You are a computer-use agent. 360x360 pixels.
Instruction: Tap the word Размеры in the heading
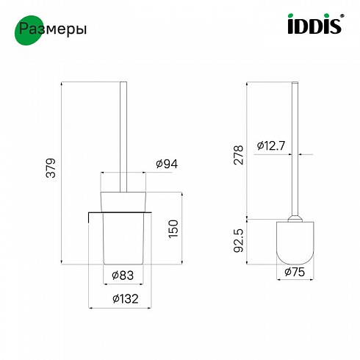coord(53,29)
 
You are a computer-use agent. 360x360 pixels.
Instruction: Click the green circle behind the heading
coord(29,30)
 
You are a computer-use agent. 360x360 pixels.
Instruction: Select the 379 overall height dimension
coord(51,168)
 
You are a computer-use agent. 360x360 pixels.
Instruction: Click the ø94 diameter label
coord(167,164)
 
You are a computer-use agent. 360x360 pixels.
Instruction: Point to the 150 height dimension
coord(173,228)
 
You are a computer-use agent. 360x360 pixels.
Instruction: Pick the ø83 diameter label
coord(123,276)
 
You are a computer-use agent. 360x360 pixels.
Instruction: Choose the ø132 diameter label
coord(126,298)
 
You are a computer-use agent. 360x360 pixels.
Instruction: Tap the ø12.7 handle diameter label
coord(271,146)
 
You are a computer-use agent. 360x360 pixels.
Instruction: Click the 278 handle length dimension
coord(239,155)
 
